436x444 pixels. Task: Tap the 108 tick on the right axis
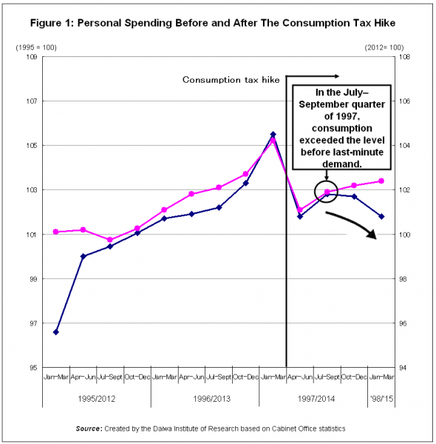pyautogui.click(x=404, y=57)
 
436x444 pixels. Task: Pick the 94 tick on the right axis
pyautogui.click(x=404, y=368)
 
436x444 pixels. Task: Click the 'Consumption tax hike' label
pyautogui.click(x=231, y=80)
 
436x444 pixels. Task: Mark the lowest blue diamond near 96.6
pyautogui.click(x=56, y=332)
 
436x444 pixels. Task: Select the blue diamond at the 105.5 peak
pyautogui.click(x=273, y=135)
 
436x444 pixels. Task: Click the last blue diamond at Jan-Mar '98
pyautogui.click(x=381, y=216)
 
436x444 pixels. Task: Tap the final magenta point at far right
pyautogui.click(x=381, y=181)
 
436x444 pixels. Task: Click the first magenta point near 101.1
pyautogui.click(x=56, y=232)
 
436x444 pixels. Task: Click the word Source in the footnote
pyautogui.click(x=91, y=428)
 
